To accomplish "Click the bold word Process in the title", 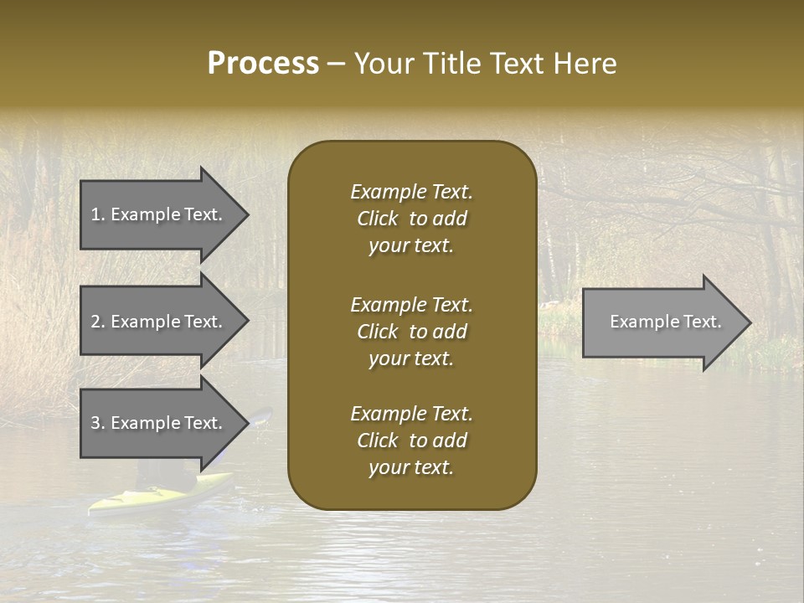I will [263, 64].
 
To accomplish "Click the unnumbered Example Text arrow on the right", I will [665, 322].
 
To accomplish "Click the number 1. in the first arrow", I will [98, 214].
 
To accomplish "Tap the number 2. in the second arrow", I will [98, 322].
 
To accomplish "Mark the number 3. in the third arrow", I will [98, 423].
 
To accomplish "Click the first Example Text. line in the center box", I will [411, 192].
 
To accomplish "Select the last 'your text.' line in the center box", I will [411, 468].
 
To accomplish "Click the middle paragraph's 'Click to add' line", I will [411, 332].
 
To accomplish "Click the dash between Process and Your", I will [336, 64].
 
